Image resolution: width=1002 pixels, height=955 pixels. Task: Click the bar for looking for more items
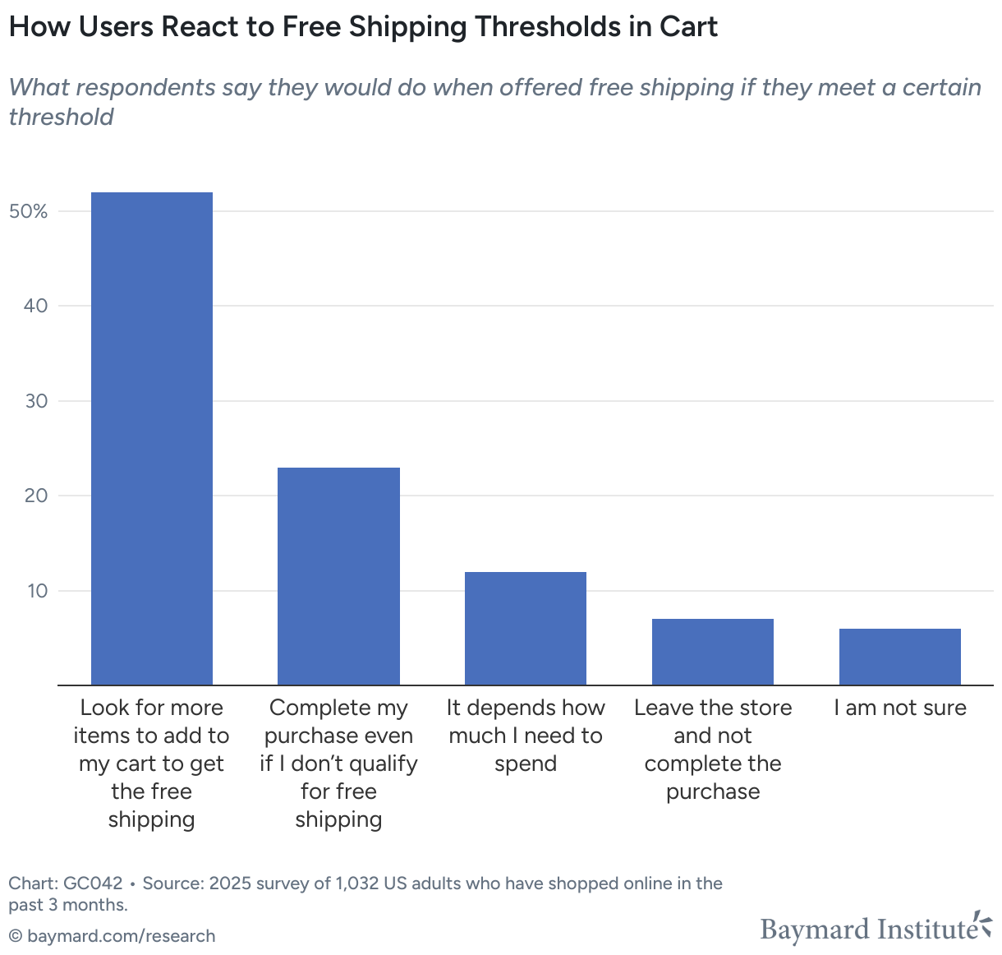click(x=152, y=438)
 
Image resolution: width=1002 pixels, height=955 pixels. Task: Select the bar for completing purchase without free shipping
click(x=338, y=576)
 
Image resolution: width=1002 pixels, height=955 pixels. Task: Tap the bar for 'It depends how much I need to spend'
click(x=526, y=628)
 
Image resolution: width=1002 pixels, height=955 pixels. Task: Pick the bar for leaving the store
click(x=713, y=652)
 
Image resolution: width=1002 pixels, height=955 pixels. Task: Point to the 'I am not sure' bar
click(x=900, y=657)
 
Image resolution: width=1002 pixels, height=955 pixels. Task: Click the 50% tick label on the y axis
click(x=29, y=211)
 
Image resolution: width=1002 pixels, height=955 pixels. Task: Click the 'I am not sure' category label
click(x=900, y=708)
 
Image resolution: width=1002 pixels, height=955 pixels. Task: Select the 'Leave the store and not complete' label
click(x=713, y=750)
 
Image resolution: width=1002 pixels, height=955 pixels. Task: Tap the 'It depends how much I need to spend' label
click(x=526, y=736)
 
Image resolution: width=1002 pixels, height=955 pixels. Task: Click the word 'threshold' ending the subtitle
click(x=62, y=117)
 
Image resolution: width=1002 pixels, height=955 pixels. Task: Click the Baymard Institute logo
click(x=876, y=928)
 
